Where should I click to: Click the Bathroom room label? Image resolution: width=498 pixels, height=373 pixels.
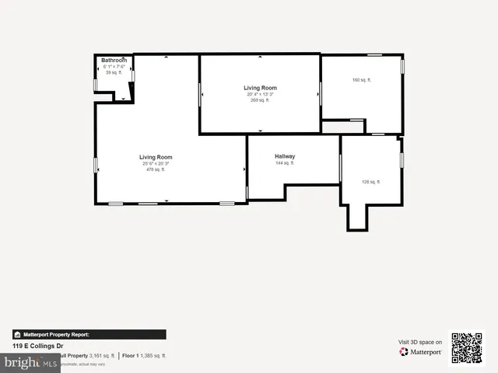click(114, 60)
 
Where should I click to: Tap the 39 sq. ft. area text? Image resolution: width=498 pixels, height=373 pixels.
click(114, 72)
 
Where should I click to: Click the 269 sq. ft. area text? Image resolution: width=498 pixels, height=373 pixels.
click(260, 100)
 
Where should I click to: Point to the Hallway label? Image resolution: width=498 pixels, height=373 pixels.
click(285, 156)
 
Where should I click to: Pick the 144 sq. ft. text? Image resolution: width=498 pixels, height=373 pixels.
click(285, 163)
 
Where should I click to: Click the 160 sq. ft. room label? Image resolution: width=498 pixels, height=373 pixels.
click(362, 80)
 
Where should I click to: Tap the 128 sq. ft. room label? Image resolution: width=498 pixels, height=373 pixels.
click(370, 182)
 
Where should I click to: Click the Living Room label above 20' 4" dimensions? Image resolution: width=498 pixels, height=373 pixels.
click(260, 88)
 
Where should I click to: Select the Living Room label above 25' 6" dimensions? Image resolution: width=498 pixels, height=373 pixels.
click(156, 157)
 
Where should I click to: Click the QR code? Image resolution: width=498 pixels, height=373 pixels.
click(467, 348)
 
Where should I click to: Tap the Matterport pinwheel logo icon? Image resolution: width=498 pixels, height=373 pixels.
click(404, 352)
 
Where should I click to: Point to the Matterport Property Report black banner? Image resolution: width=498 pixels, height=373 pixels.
click(89, 334)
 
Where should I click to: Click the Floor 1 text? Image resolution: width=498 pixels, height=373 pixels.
click(131, 355)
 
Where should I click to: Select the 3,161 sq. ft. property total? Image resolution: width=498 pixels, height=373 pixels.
click(102, 355)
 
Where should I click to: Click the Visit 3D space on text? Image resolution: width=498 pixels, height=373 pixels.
click(420, 342)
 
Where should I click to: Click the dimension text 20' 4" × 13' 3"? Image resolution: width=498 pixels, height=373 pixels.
click(260, 94)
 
